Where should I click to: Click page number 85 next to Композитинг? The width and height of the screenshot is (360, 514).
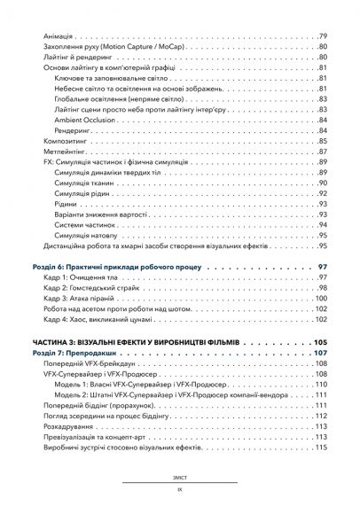pos(322,141)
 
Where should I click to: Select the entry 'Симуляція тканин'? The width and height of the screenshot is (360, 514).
pos(85,183)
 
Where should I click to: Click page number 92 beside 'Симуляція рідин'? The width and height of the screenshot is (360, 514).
pos(322,193)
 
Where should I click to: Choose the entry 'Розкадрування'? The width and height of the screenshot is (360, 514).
pos(70,426)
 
